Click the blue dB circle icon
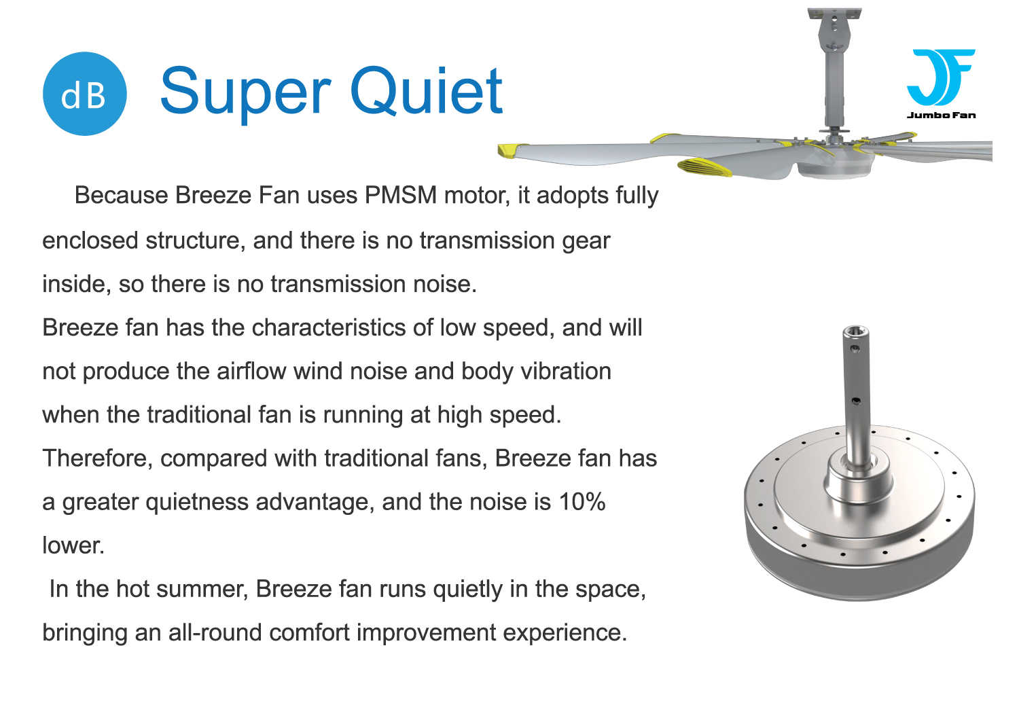tap(85, 94)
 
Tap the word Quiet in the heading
tap(426, 90)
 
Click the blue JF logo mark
tap(941, 77)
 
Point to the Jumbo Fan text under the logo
tap(941, 115)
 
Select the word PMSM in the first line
tap(400, 195)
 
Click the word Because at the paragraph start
tap(122, 195)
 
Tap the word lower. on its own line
tap(73, 545)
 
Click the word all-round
tap(215, 632)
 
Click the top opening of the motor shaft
tap(855, 331)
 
